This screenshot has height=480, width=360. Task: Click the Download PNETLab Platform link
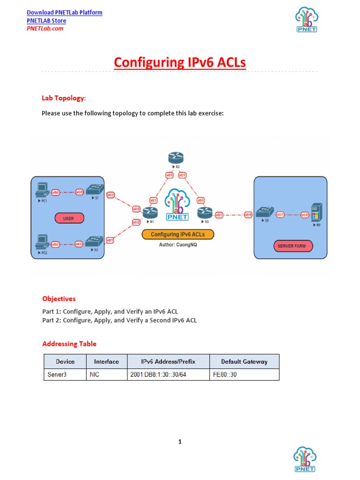point(64,13)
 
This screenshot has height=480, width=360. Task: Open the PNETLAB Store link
point(46,21)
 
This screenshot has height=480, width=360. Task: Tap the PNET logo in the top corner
point(307,20)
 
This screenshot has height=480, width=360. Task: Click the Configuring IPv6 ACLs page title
point(180,62)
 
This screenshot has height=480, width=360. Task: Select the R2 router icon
point(176,158)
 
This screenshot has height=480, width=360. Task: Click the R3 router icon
point(205,212)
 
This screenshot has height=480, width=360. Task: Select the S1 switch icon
point(97,190)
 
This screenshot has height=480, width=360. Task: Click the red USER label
point(68,218)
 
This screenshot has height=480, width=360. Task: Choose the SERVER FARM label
point(292,246)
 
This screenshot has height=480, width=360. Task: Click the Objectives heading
point(59,299)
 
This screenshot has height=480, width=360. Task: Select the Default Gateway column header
point(244,361)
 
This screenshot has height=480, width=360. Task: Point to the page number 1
point(180,442)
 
